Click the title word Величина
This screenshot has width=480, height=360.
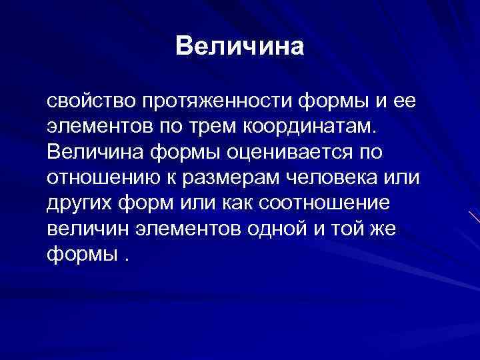click(x=239, y=47)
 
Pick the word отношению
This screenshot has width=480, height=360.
click(x=98, y=178)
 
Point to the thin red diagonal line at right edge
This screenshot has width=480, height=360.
click(x=474, y=219)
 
